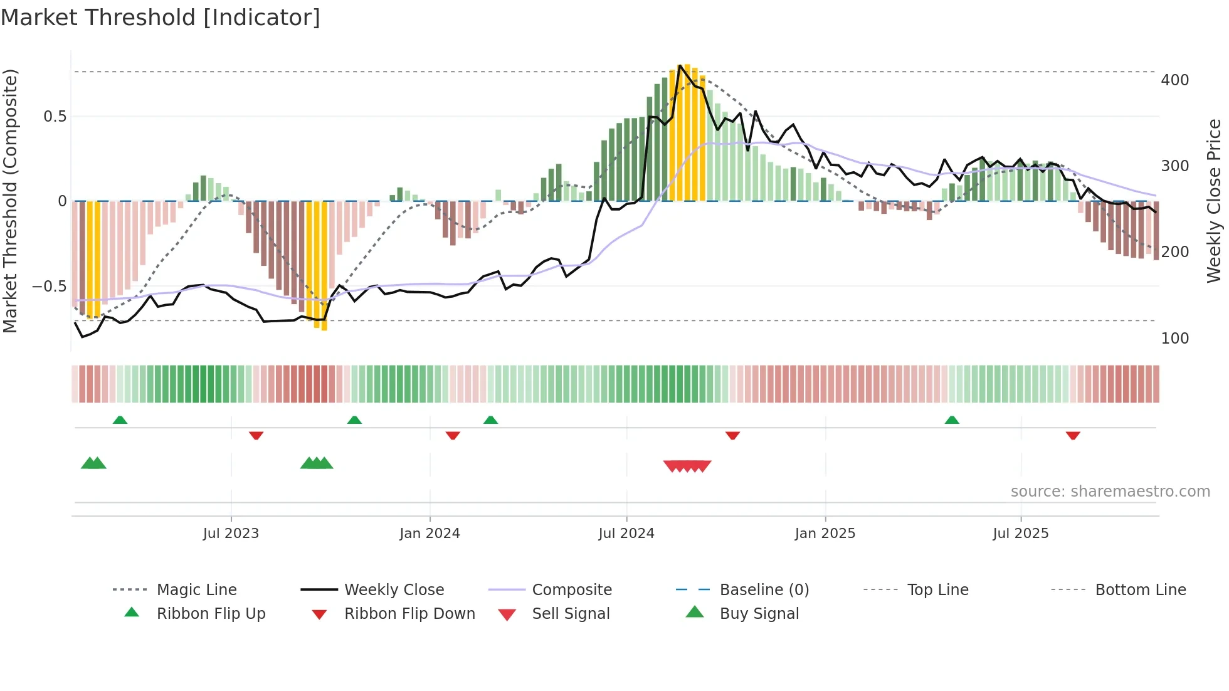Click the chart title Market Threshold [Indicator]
coord(161,18)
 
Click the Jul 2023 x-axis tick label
coord(231,534)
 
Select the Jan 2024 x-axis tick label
coord(430,534)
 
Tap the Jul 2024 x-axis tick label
coord(626,534)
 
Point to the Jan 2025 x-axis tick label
coord(825,534)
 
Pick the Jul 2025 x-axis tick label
coord(1020,534)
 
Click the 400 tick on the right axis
coord(1174,80)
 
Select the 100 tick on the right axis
coord(1174,339)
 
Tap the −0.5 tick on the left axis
coord(50,287)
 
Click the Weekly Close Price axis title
coord(1214,201)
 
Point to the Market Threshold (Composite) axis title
coord(10,201)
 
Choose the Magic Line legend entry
coord(196,590)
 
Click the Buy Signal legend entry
coord(759,614)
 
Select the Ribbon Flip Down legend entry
coord(409,614)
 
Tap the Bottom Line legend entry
coord(1140,590)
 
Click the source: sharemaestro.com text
coord(1110,492)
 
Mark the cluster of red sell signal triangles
coord(687,466)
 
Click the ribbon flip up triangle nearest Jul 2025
coord(952,420)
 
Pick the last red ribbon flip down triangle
coord(1073,435)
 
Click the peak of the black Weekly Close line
coord(680,65)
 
